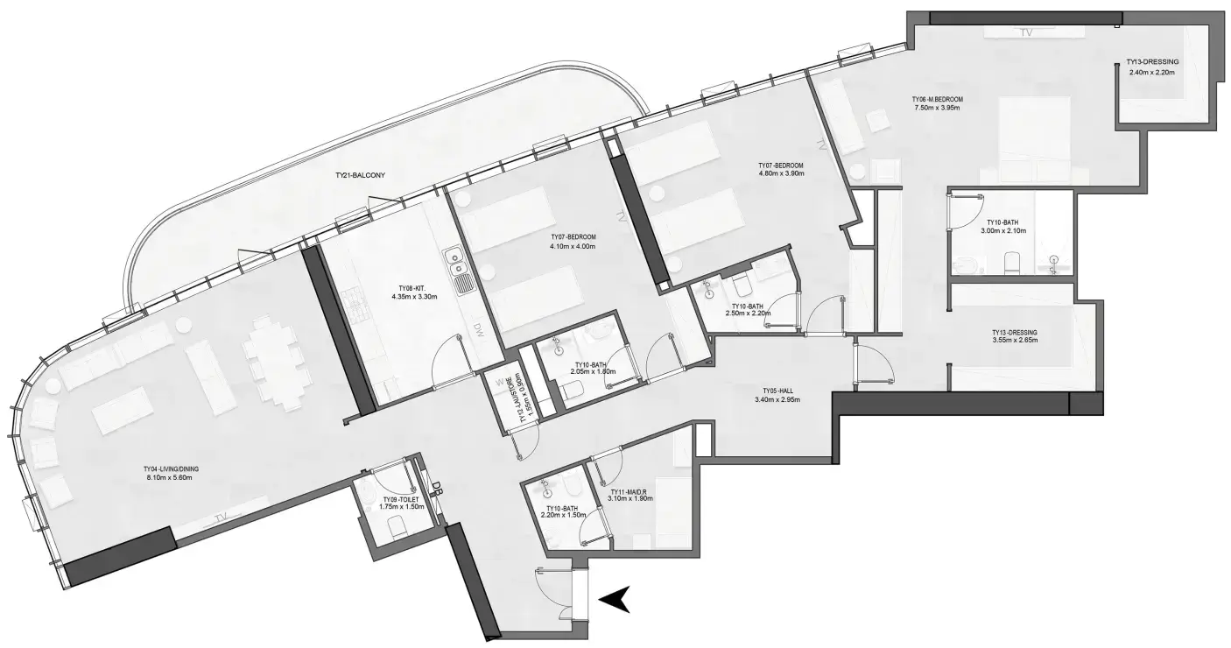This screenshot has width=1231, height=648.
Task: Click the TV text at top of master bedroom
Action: (x=1027, y=32)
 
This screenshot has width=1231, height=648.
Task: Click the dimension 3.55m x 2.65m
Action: (x=1014, y=340)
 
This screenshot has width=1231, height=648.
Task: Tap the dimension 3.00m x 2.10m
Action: (x=1004, y=231)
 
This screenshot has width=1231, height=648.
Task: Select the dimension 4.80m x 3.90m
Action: (x=781, y=173)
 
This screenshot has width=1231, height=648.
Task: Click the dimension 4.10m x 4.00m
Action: (x=573, y=246)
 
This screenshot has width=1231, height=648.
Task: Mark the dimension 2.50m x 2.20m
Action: (x=747, y=313)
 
